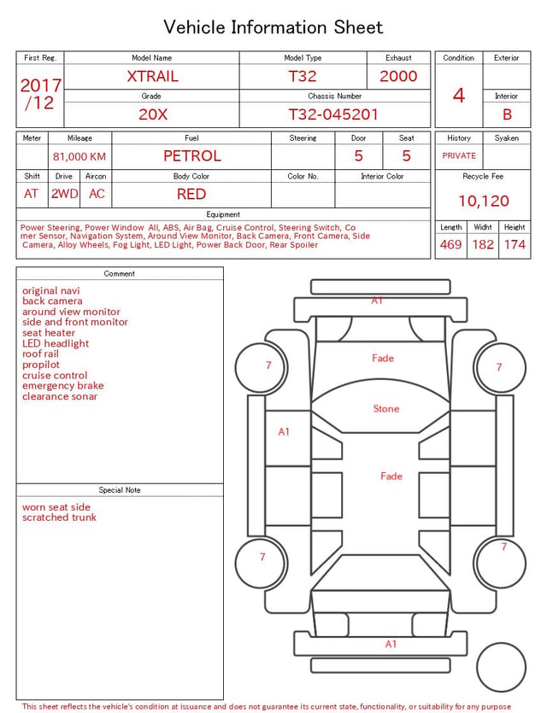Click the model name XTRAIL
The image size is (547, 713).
[x=152, y=76]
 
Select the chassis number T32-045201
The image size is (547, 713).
[x=333, y=114]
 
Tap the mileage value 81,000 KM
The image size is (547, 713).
[x=79, y=157]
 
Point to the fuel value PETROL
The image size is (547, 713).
[x=192, y=156]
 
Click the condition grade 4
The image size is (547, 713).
[x=459, y=96]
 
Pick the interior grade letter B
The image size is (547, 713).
[x=507, y=114]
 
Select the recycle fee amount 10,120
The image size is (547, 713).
[x=483, y=201]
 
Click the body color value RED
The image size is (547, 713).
[x=191, y=194]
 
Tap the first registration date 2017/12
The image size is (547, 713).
[x=40, y=94]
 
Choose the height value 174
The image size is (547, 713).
[x=515, y=244]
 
